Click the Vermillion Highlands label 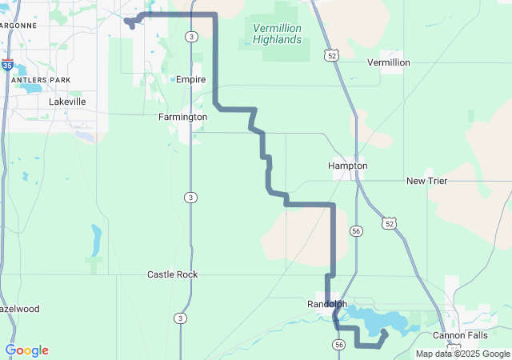(277, 34)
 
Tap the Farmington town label (182, 117)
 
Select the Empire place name (191, 79)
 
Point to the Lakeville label (67, 102)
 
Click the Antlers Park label (37, 80)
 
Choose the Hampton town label (348, 166)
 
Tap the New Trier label (426, 181)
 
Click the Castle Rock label (172, 274)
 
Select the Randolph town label (327, 304)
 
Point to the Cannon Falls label (460, 335)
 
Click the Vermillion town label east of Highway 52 (388, 62)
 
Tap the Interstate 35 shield (7, 65)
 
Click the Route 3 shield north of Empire (190, 37)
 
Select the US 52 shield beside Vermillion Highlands (331, 55)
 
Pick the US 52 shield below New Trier (388, 222)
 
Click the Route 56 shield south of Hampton (354, 230)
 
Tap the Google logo (26, 350)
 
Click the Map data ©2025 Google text (462, 354)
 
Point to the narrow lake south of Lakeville (97, 238)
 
